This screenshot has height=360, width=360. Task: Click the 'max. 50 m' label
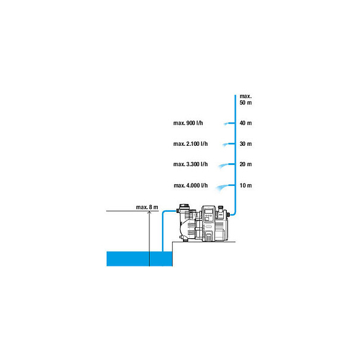(245, 100)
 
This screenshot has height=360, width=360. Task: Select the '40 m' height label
(245, 123)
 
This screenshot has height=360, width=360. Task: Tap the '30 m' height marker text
(245, 144)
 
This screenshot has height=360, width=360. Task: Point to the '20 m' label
(245, 164)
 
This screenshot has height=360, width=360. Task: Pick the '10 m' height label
(245, 185)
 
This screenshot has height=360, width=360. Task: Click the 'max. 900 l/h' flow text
(188, 123)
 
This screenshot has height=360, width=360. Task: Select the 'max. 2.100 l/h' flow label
(190, 144)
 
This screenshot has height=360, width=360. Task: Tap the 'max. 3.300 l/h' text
(190, 164)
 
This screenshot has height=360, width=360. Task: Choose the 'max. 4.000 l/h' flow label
(191, 185)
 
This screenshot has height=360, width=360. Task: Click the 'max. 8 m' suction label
(147, 207)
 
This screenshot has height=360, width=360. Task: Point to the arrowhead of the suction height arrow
(149, 212)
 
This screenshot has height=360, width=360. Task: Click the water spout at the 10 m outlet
(222, 187)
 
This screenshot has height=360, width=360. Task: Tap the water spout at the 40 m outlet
(226, 124)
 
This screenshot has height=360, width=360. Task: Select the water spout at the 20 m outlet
(223, 166)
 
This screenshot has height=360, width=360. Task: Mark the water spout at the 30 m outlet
(225, 145)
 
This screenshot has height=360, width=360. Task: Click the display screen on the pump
(208, 211)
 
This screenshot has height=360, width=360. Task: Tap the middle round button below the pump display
(208, 215)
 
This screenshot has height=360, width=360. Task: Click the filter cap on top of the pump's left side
(184, 206)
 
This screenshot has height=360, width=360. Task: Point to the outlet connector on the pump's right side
(228, 215)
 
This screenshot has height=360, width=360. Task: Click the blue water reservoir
(139, 259)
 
